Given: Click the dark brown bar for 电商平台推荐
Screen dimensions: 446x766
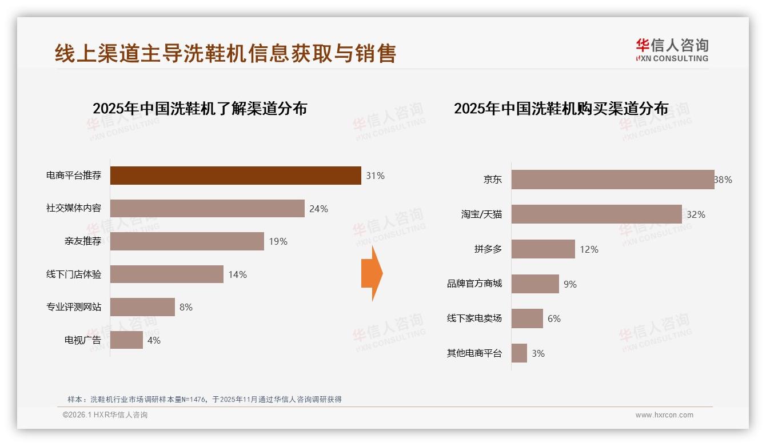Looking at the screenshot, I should (x=236, y=176).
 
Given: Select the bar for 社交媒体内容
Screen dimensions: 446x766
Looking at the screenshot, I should (x=207, y=209).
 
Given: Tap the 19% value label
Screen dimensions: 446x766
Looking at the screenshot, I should (x=278, y=242).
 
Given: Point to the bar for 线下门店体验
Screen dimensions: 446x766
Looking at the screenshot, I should (x=166, y=274).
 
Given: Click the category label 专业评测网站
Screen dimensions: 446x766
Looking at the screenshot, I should (x=74, y=307).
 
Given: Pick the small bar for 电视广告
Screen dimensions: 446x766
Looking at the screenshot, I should (x=126, y=340).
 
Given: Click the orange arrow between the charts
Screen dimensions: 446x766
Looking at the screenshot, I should (x=372, y=273).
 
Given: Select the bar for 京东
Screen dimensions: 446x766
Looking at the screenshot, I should (x=612, y=180).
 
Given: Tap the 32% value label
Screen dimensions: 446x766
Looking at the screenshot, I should (x=696, y=215).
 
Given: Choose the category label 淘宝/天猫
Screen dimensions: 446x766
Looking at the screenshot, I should (x=481, y=215).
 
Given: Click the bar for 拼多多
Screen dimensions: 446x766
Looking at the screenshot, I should (x=543, y=249).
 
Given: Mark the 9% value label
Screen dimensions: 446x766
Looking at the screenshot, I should (x=570, y=284).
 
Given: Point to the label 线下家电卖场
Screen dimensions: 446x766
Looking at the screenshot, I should (x=474, y=318).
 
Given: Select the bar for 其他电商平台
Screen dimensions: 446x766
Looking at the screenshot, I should (x=519, y=353).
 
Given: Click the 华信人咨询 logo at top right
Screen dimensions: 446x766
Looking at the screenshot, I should (x=672, y=50).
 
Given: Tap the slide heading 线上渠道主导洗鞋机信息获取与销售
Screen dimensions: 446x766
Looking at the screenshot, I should (x=225, y=53).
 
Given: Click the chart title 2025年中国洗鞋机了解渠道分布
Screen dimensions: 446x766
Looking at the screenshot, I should (x=200, y=109).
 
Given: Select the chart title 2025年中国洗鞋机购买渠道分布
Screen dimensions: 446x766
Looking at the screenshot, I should (x=561, y=109).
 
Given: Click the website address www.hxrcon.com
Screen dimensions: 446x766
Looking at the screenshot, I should (x=664, y=415).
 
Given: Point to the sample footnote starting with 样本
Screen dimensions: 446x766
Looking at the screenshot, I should (x=204, y=399).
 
